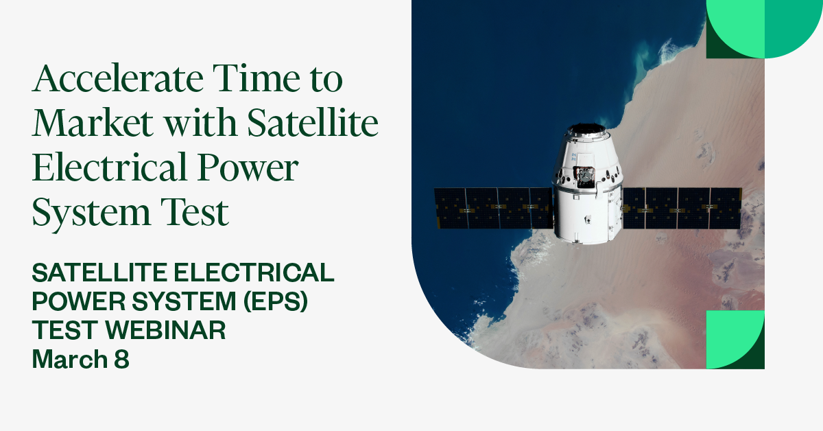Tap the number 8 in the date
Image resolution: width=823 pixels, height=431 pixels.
tap(121, 359)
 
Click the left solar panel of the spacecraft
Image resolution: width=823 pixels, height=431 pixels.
tap(493, 208)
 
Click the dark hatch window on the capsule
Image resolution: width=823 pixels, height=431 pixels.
tap(585, 177)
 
